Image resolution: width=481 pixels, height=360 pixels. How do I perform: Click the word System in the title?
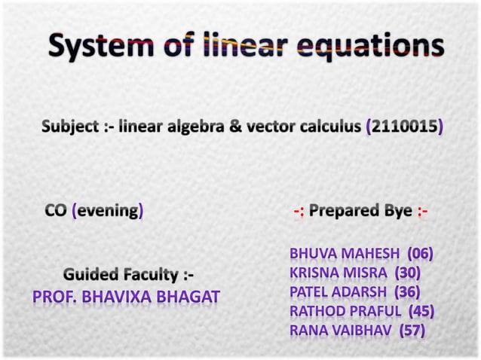click(x=97, y=49)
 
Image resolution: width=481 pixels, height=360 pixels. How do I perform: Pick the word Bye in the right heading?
click(x=394, y=211)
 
